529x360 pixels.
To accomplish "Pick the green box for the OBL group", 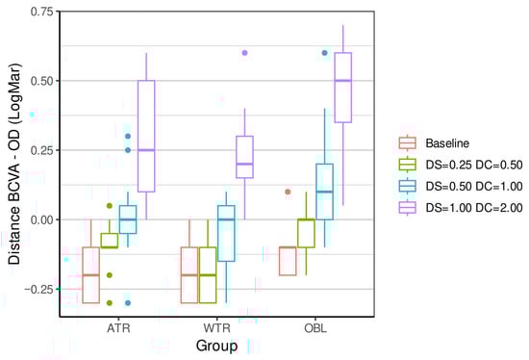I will click(306, 233).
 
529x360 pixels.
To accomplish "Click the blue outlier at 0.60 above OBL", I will click(324, 53).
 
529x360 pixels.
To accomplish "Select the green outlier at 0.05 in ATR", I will click(110, 205).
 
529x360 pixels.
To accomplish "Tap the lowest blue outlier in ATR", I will click(128, 302).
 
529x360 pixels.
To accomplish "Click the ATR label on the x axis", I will click(119, 328).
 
